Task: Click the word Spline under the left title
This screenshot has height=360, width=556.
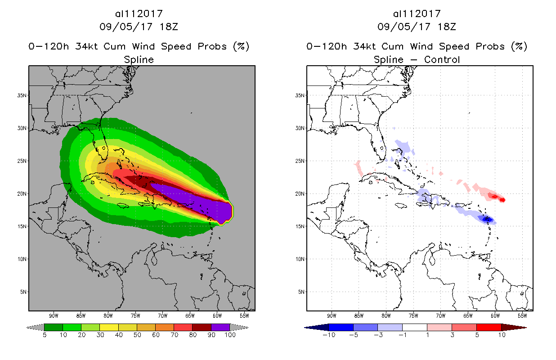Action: pyautogui.click(x=139, y=59)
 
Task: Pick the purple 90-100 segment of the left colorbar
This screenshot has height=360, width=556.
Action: pyautogui.click(x=220, y=327)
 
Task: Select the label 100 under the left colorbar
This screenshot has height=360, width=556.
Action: pyautogui.click(x=230, y=335)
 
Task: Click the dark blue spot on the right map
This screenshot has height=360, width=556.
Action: pyautogui.click(x=487, y=220)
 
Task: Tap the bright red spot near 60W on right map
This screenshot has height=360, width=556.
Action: pyautogui.click(x=494, y=196)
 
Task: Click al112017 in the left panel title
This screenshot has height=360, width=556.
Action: pyautogui.click(x=139, y=13)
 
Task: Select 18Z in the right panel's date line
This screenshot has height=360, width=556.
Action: pyautogui.click(x=447, y=27)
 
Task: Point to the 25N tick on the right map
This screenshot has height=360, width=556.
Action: pyautogui.click(x=300, y=161)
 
